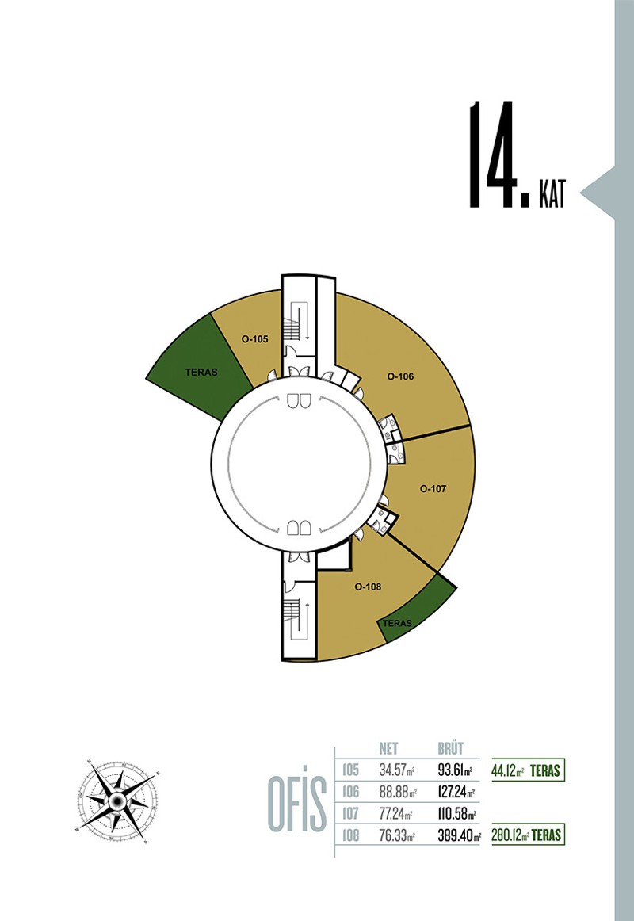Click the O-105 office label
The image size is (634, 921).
(254, 339)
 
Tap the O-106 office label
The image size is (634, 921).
(400, 376)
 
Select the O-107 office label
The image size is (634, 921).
(433, 489)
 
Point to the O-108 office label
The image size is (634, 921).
(368, 587)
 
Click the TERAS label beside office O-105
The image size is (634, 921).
(201, 372)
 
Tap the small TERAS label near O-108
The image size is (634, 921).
(397, 623)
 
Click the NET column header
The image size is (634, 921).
(388, 748)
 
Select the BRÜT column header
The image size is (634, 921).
(451, 748)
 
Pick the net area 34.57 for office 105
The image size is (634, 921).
(397, 770)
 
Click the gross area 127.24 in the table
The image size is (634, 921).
(456, 792)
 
